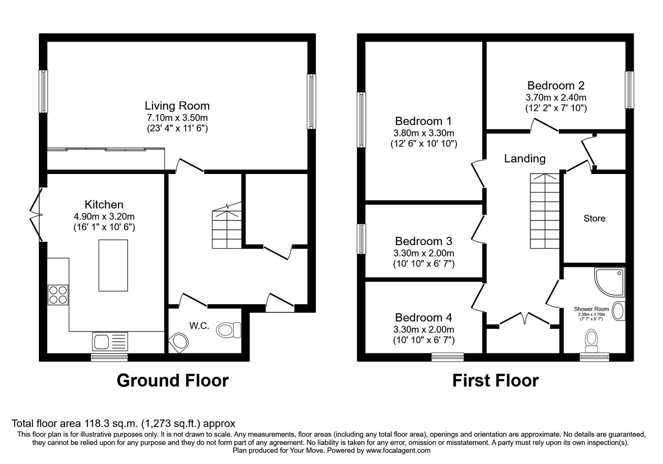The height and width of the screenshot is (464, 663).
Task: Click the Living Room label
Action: pos(177,106)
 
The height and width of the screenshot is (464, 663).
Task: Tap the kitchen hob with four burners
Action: pos(58,295)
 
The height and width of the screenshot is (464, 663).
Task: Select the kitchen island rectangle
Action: pos(113,266)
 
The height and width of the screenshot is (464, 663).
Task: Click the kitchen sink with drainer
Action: pos(110,341)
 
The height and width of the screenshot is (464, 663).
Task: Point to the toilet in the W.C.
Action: pos(228,330)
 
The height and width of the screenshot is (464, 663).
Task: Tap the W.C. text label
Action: pos(199,326)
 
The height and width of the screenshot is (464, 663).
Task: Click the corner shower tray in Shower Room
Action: pos(610,282)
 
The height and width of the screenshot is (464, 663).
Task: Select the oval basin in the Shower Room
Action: pos(618,311)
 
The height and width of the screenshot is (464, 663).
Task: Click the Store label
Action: pos(594,218)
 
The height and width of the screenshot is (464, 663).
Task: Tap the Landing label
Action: pos(525,159)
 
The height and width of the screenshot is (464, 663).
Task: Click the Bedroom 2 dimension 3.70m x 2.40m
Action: pos(556,97)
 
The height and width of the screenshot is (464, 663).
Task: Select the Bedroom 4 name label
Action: pos(423,317)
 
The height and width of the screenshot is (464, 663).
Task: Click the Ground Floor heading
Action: pos(172,381)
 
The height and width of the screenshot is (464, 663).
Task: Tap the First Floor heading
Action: pos(496,381)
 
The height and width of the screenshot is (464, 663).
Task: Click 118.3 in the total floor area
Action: pos(96,423)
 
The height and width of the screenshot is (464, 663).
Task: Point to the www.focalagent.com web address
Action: pos(398,450)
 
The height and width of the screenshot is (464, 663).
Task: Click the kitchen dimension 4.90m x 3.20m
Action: pos(104,216)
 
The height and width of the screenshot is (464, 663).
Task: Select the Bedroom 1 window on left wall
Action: pos(361,120)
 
